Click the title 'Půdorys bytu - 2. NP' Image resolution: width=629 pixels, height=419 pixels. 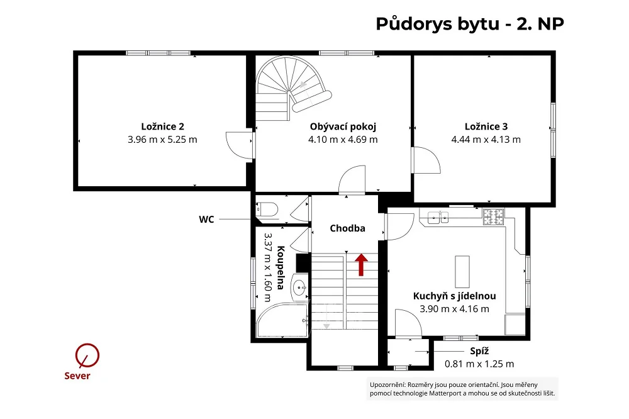tap(470, 24)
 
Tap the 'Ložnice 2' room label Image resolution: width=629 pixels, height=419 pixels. tap(162, 126)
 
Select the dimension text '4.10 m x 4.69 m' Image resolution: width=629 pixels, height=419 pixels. tap(343, 140)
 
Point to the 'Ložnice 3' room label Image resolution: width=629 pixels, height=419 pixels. tap(486, 126)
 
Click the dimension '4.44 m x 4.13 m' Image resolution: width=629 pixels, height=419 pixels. tap(486, 140)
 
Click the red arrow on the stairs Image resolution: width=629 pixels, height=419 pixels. tap(362, 265)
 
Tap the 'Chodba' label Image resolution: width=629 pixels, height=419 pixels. tap(347, 228)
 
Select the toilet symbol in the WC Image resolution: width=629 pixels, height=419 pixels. tap(267, 209)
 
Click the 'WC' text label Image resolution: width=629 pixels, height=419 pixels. tap(206, 219)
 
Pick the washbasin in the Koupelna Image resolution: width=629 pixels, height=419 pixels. tap(299, 288)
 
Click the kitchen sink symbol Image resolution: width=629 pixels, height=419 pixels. tap(438, 217)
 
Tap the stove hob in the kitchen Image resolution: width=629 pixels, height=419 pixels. tap(493, 216)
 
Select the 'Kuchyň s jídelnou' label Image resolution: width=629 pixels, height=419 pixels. tap(455, 296)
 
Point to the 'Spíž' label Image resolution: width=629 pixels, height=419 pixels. tap(479, 351)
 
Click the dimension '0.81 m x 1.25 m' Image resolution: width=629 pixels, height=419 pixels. tap(479, 364)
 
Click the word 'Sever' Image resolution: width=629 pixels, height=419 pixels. tap(77, 376)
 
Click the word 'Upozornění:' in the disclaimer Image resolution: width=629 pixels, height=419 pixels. tap(387, 385)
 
